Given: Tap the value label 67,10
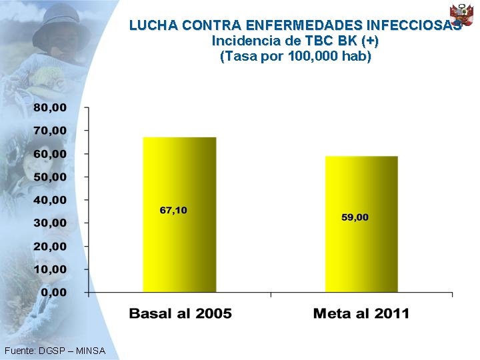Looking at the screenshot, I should click(x=173, y=210).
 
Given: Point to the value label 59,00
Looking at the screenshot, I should click(x=355, y=217).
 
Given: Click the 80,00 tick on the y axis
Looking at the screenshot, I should click(x=51, y=107).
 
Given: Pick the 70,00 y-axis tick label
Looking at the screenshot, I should click(x=51, y=131).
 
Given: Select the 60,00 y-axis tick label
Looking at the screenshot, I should click(x=51, y=153).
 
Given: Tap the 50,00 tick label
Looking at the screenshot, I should click(x=51, y=177).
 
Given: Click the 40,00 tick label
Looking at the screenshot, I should click(x=51, y=200).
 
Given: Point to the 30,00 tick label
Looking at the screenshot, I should click(x=51, y=223).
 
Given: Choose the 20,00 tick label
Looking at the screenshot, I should click(x=51, y=246).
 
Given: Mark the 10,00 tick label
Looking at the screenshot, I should click(x=51, y=269).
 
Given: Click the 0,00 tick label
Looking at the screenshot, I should click(x=54, y=292).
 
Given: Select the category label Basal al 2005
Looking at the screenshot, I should click(x=180, y=313).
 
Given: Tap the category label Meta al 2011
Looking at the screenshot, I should click(x=361, y=313).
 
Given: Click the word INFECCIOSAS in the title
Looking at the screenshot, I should click(x=413, y=26).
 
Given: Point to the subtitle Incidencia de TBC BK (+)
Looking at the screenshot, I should click(x=295, y=41).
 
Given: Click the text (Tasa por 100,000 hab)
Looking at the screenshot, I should click(x=295, y=56).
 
